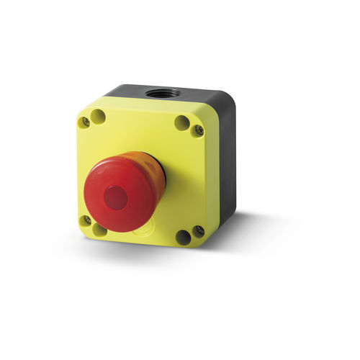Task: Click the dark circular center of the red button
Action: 116,197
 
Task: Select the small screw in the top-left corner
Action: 85,122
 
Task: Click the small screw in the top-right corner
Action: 197,130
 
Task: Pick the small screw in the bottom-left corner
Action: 86,220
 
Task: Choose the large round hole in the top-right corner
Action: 183,123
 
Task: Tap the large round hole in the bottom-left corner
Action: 99,229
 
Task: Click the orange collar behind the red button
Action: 148,173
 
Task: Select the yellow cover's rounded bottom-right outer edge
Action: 212,241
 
